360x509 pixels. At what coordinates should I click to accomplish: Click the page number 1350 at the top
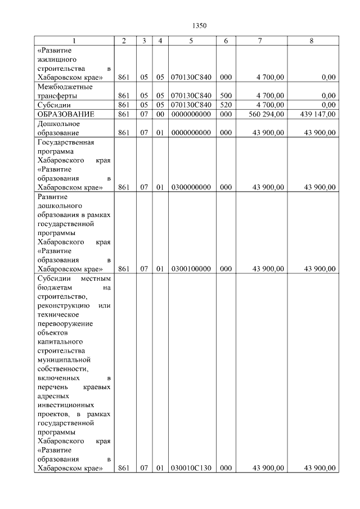[200, 25]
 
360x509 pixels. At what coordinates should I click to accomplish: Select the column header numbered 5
[191, 41]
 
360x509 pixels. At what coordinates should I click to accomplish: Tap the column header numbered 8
[311, 41]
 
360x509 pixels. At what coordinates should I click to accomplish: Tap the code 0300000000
[191, 187]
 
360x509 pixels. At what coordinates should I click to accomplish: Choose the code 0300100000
[191, 269]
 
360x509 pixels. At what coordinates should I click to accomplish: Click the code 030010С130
[191, 468]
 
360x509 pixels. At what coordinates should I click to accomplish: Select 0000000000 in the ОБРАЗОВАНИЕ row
[191, 114]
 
